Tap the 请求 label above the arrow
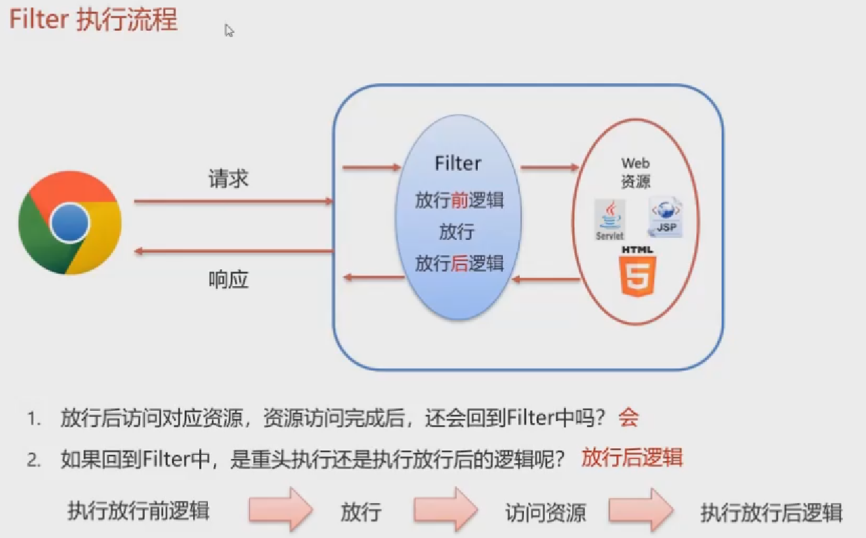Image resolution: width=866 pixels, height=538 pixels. [x=228, y=178]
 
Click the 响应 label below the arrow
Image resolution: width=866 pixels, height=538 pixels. [x=228, y=279]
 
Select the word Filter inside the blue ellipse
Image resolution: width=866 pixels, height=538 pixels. [x=458, y=164]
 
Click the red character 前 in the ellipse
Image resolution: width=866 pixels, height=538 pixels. [x=459, y=200]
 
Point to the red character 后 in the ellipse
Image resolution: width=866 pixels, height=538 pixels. [x=459, y=263]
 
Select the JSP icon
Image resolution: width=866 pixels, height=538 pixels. [x=665, y=216]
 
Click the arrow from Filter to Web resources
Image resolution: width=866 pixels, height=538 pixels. [x=549, y=168]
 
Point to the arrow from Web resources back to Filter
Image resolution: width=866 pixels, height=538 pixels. [x=546, y=280]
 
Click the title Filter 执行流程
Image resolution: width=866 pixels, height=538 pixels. [x=94, y=20]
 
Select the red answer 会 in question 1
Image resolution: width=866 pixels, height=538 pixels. [x=628, y=418]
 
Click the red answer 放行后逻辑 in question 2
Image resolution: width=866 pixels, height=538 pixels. [x=632, y=458]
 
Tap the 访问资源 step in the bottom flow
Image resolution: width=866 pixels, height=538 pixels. [x=546, y=512]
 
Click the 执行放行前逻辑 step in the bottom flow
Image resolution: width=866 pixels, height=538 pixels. [x=139, y=510]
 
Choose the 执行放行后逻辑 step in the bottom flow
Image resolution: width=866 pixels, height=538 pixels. [x=772, y=512]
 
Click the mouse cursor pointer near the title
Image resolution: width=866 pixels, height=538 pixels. [x=229, y=30]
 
